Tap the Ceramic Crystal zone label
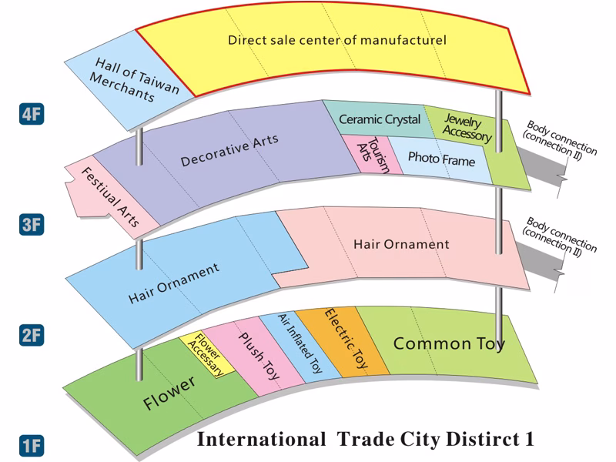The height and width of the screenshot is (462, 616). pos(380,119)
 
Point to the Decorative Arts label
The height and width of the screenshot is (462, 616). pos(229,150)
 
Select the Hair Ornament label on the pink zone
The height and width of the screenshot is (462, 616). pos(400,245)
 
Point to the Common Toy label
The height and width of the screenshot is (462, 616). pos(449,343)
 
